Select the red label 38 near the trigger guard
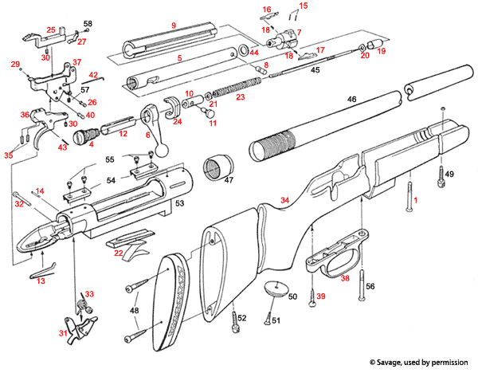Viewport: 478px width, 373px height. (346, 279)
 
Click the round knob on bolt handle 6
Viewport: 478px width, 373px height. (162, 148)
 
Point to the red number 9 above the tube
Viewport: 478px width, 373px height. (173, 26)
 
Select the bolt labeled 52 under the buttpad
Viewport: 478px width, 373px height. (234, 322)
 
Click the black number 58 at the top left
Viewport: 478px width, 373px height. (88, 25)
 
